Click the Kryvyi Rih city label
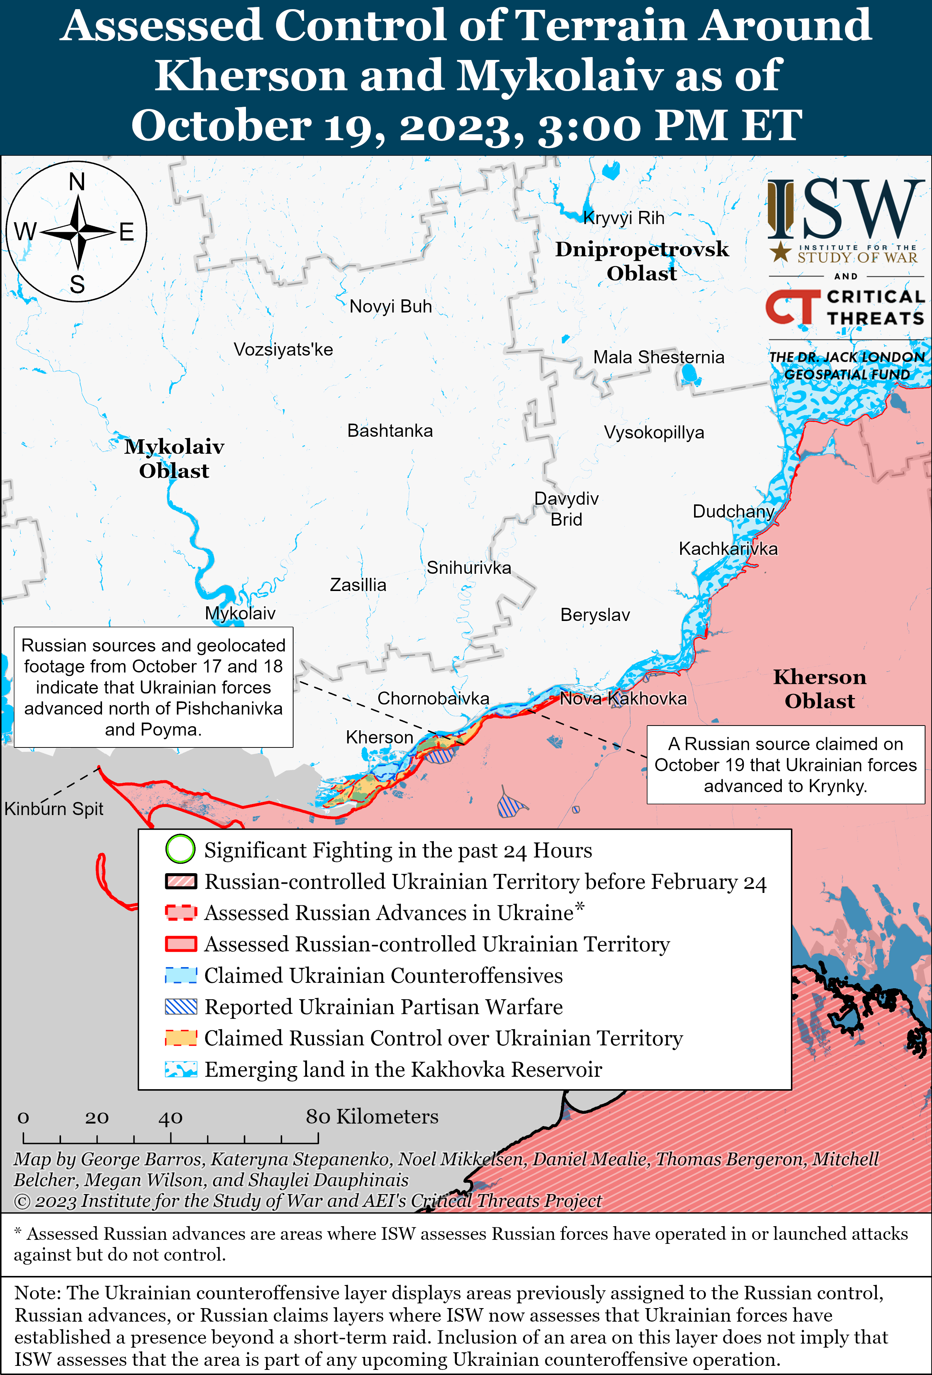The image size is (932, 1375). [x=624, y=218]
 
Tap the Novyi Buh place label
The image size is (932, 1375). [x=391, y=307]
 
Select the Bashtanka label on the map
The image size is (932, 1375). [x=390, y=431]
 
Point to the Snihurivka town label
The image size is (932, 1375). [x=469, y=568]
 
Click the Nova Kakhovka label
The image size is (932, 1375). [x=623, y=699]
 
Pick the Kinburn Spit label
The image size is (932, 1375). [x=54, y=809]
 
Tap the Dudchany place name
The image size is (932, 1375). [x=733, y=511]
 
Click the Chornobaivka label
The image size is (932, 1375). [x=433, y=699]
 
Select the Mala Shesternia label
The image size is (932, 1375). [x=659, y=357]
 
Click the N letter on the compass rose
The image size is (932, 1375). [x=77, y=182]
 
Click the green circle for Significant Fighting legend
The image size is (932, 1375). [x=180, y=849]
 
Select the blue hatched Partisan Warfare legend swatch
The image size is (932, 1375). [x=181, y=1007]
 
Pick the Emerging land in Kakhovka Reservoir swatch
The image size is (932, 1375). [x=181, y=1069]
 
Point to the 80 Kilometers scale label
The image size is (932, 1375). [x=372, y=1117]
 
